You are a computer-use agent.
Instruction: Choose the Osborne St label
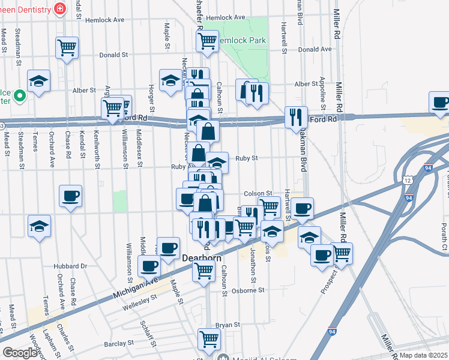[x=248, y=290]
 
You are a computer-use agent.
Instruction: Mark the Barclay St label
[x=118, y=343]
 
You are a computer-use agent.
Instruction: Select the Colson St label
[x=259, y=193]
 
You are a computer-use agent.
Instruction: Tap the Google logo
[x=20, y=353]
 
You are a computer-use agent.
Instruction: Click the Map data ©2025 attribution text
[x=424, y=355]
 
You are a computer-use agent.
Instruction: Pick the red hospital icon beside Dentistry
[x=59, y=8]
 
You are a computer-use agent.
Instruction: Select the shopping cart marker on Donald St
[x=67, y=47]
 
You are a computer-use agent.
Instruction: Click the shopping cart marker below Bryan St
[x=209, y=338]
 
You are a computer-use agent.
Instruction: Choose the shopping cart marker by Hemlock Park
[x=207, y=41]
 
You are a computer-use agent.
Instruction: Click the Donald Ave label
[x=315, y=49]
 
